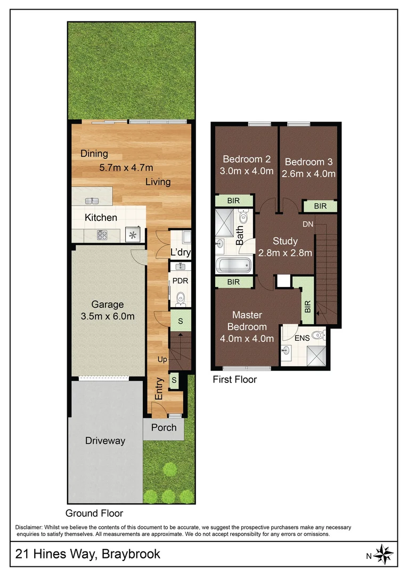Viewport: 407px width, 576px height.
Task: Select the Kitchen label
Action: click(x=101, y=218)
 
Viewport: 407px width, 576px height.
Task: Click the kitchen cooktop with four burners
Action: click(x=103, y=234)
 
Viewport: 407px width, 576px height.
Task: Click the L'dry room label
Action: click(x=181, y=253)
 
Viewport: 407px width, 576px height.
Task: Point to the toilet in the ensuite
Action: click(x=318, y=335)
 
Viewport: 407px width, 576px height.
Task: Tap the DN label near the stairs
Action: click(x=308, y=225)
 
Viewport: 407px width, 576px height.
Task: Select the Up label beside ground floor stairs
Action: click(x=162, y=360)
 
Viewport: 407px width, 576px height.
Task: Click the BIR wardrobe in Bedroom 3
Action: click(x=320, y=206)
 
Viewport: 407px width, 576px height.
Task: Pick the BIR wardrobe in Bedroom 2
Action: click(x=233, y=201)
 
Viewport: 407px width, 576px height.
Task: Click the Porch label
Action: click(x=164, y=428)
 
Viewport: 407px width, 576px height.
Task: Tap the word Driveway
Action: click(x=105, y=441)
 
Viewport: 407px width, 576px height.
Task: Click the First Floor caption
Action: click(x=234, y=380)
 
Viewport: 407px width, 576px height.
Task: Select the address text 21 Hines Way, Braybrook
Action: click(x=88, y=554)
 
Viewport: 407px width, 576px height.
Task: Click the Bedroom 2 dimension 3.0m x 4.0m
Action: click(x=247, y=171)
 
